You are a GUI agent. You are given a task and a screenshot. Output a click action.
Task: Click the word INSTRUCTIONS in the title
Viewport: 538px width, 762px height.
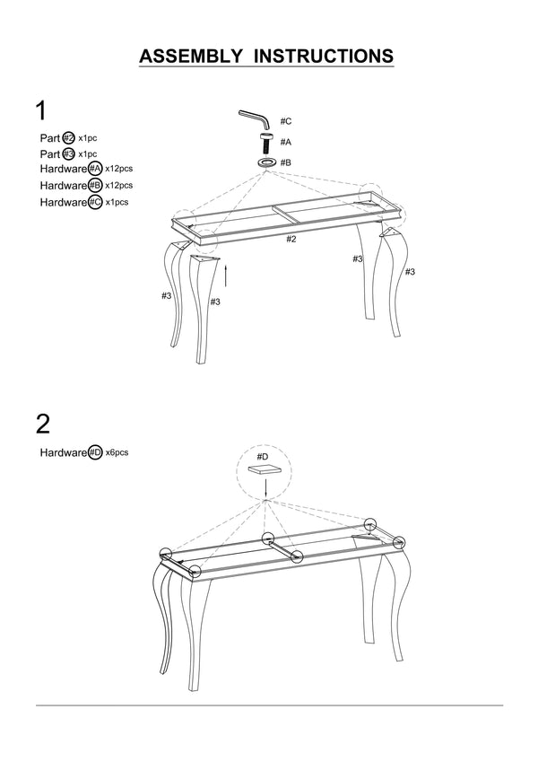(x=325, y=56)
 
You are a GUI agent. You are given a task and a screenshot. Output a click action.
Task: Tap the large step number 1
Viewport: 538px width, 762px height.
(x=41, y=111)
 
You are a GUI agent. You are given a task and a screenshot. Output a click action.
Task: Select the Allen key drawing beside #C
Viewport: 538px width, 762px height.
(x=254, y=118)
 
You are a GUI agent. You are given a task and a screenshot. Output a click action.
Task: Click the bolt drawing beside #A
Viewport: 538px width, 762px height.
(x=266, y=142)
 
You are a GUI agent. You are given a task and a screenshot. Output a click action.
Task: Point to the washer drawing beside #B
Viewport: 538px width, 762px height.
(x=266, y=162)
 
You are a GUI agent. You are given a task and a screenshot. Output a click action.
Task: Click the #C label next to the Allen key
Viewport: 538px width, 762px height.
(x=286, y=120)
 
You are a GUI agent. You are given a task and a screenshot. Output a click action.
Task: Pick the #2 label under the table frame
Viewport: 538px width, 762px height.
(x=291, y=239)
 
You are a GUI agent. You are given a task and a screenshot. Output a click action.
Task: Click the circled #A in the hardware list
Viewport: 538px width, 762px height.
(x=95, y=169)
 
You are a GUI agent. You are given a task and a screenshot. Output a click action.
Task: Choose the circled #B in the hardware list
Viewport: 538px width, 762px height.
(x=95, y=185)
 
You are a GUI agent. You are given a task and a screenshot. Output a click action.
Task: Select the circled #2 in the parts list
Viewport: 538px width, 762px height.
(x=68, y=138)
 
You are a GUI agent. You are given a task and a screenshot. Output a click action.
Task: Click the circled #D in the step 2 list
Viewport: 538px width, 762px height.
(x=95, y=453)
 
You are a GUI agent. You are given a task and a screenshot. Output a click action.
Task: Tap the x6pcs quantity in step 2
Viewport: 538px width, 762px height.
(x=117, y=453)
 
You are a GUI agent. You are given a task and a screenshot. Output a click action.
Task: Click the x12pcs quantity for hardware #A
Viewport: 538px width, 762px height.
(x=118, y=169)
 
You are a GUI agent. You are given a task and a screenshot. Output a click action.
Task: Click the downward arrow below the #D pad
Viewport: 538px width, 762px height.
(x=266, y=488)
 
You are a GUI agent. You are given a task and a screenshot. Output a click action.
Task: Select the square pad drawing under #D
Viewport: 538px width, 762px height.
(x=266, y=469)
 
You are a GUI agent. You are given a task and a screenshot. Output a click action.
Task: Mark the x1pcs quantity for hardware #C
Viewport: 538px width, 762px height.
(x=117, y=202)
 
